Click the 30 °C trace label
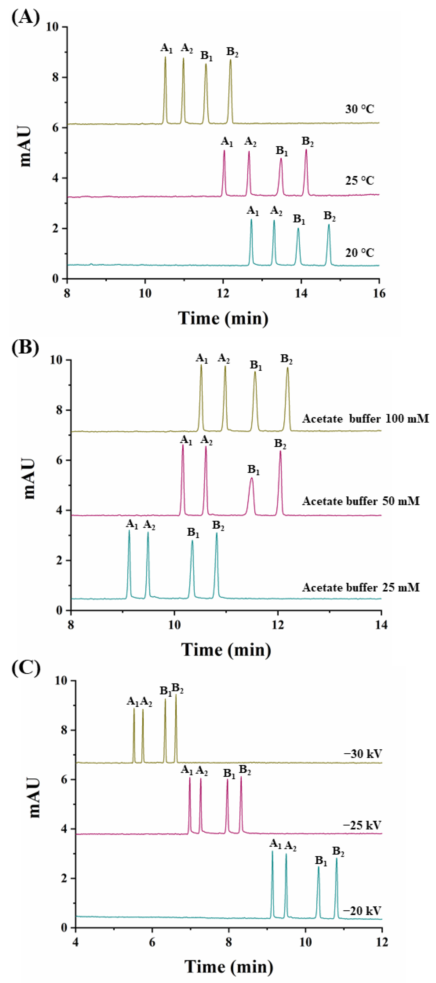(359, 109)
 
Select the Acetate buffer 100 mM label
(365, 419)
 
